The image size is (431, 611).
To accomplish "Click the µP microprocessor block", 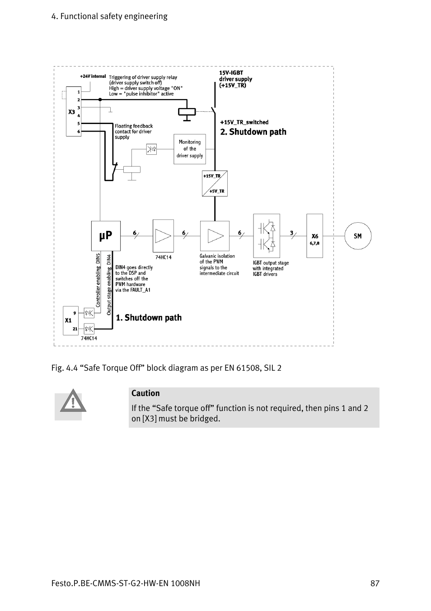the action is pos(106,236).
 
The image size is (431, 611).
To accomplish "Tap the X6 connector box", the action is pos(314,236).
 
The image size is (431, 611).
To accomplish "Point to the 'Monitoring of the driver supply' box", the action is pos(190,149).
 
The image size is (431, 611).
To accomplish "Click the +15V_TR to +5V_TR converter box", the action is pos(215,184).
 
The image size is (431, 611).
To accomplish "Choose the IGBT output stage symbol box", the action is pos(267,236).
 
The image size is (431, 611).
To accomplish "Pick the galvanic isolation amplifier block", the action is pos(215,236).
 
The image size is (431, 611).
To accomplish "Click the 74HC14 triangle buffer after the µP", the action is pos(164,236).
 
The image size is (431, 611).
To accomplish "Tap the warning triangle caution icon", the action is pos(73,401).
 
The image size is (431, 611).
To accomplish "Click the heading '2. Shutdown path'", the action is pos(253,132).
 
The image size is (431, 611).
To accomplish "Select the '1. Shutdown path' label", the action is pos(149,318).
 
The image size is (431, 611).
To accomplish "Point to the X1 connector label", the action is pos(68,320).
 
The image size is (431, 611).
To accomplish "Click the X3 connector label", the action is pos(71,112).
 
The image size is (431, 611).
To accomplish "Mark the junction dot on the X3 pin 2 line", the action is pos(100,100).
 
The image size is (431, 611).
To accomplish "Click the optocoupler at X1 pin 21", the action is pos(89,329).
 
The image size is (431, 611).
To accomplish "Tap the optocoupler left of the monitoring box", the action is pos(151,149).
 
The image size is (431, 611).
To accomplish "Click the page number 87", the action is pos(375,583).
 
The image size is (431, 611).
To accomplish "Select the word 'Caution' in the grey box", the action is pos(145,393).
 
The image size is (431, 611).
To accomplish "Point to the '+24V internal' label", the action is pos(93,76).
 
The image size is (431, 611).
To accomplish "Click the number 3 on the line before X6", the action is pos(291,233).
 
